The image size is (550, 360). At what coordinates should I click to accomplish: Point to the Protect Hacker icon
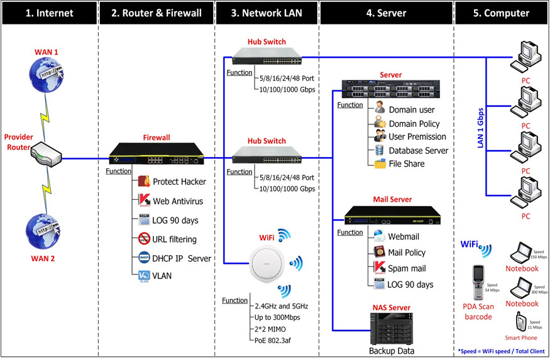[143, 182]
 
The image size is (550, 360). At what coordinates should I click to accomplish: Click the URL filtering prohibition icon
[143, 239]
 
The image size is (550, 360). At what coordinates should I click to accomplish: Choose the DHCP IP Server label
[182, 258]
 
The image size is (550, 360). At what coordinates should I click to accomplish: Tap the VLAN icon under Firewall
[143, 275]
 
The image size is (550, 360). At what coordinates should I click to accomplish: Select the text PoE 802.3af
[277, 339]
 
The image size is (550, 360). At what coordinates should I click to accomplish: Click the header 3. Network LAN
[267, 13]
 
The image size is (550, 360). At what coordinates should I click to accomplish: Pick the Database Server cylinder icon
[380, 150]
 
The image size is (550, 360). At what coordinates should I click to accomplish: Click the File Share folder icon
[380, 164]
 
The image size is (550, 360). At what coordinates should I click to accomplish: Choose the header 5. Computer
[501, 13]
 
